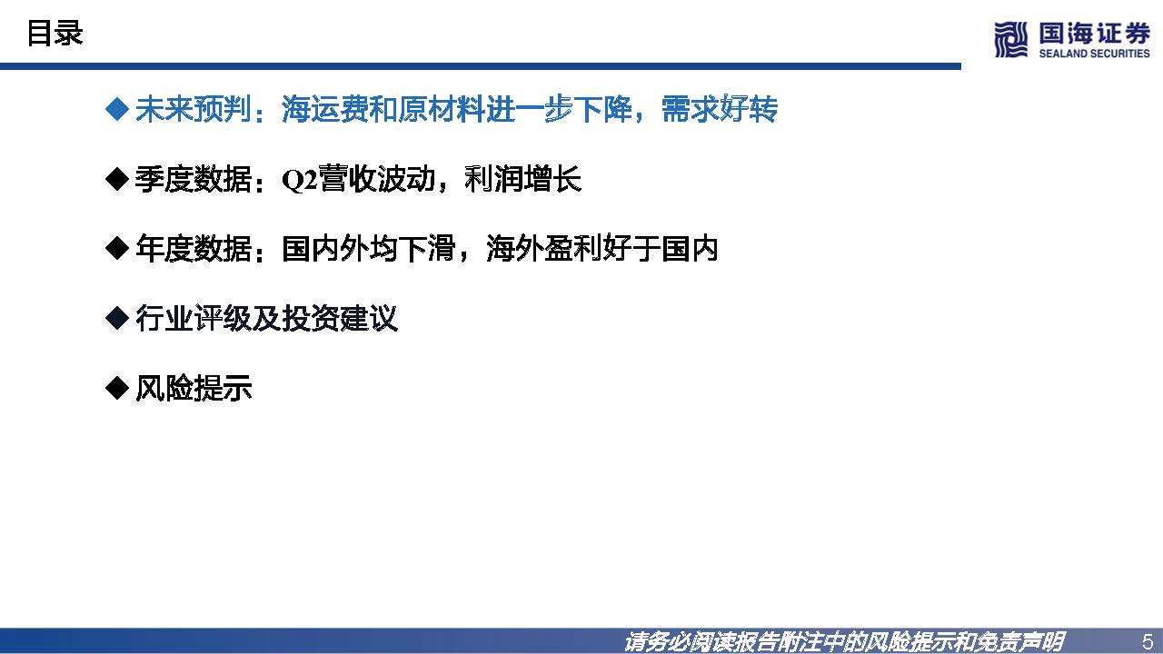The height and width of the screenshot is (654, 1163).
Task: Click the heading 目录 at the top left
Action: (x=55, y=34)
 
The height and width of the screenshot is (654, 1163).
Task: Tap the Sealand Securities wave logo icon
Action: (x=1009, y=39)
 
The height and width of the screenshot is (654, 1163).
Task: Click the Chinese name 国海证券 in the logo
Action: (x=1093, y=34)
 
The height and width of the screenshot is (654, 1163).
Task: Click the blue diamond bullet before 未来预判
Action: (x=117, y=110)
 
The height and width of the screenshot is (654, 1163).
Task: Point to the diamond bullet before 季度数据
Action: (x=117, y=180)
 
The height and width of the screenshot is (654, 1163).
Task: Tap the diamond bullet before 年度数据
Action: (x=117, y=249)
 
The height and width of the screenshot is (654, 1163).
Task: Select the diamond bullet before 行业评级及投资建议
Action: (x=117, y=319)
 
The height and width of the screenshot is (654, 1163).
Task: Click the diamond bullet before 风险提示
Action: (x=117, y=389)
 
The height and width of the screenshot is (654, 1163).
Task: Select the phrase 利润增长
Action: (x=522, y=180)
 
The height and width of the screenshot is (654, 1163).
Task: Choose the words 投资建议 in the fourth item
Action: (x=340, y=319)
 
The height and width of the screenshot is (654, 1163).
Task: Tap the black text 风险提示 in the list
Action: (x=193, y=389)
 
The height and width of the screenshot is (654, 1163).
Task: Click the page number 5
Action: (x=1147, y=641)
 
